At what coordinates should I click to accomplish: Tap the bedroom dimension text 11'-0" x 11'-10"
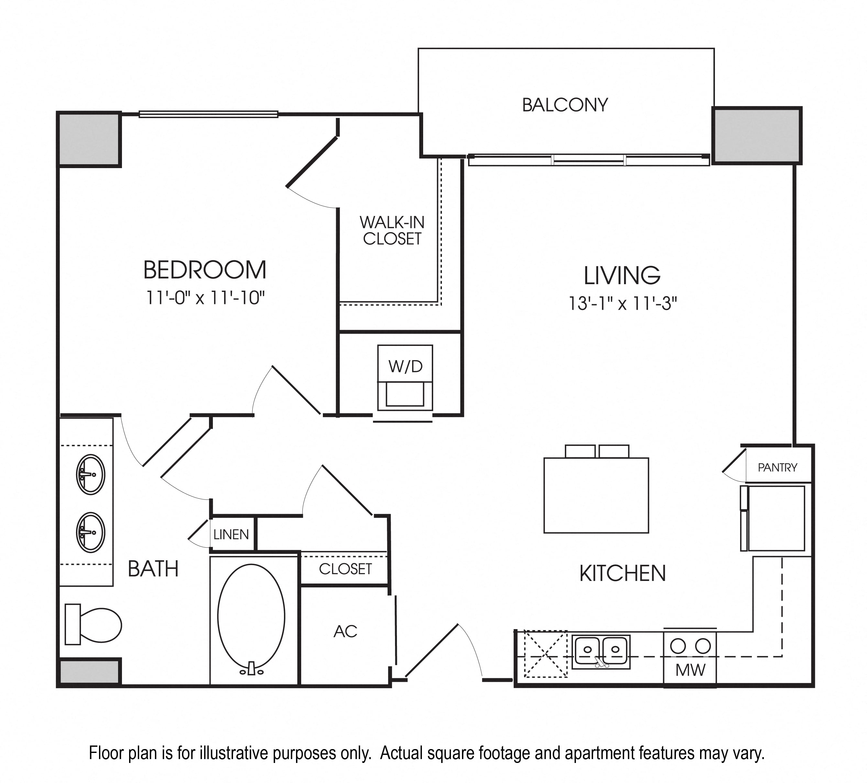tap(205, 298)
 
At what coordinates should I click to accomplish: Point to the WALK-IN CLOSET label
tap(392, 231)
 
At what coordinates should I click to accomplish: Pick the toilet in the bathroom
tap(93, 624)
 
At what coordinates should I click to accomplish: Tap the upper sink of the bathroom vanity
tap(90, 475)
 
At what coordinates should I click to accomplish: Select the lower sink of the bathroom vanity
tap(90, 532)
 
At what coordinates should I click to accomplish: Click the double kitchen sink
tap(601, 651)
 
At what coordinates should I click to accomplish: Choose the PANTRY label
tap(777, 467)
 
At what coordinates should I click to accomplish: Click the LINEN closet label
tap(231, 535)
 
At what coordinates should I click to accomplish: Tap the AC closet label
tap(345, 631)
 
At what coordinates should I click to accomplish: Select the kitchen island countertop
tap(596, 495)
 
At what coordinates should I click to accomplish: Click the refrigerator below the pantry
tap(773, 518)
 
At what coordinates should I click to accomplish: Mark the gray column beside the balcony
tap(757, 135)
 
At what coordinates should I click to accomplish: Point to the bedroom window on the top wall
tap(209, 114)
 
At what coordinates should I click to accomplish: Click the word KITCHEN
tap(623, 573)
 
